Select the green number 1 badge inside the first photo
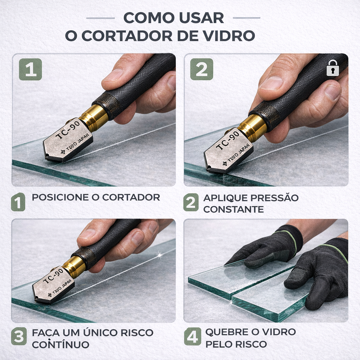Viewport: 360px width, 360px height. tap(30, 69)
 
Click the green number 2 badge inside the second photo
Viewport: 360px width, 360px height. tap(201, 69)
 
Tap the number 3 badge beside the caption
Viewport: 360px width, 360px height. tap(19, 336)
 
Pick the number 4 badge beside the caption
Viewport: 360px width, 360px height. tap(192, 336)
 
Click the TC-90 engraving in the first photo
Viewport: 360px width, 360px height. tap(68, 130)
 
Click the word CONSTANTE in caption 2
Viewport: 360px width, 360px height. tap(233, 210)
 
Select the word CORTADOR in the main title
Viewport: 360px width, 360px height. tap(127, 36)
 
